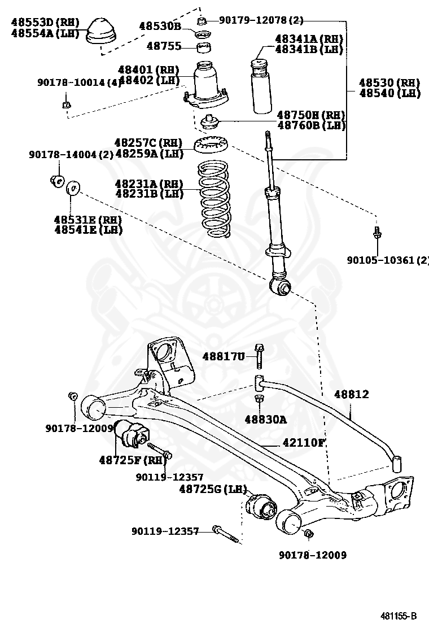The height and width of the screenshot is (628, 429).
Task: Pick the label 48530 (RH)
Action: [389, 83]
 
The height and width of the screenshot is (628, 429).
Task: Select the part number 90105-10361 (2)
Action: [388, 260]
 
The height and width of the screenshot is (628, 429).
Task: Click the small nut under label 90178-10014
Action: [66, 104]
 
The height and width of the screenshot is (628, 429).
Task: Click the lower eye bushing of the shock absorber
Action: [281, 287]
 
